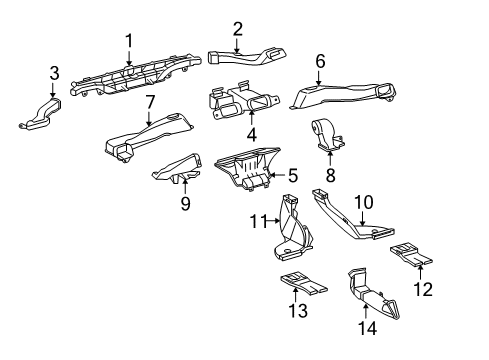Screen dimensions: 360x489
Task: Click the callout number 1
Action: [x=129, y=40]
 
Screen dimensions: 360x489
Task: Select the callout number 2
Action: [x=237, y=28]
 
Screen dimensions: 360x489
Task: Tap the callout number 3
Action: [x=53, y=72]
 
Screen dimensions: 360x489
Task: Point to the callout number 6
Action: [x=320, y=61]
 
